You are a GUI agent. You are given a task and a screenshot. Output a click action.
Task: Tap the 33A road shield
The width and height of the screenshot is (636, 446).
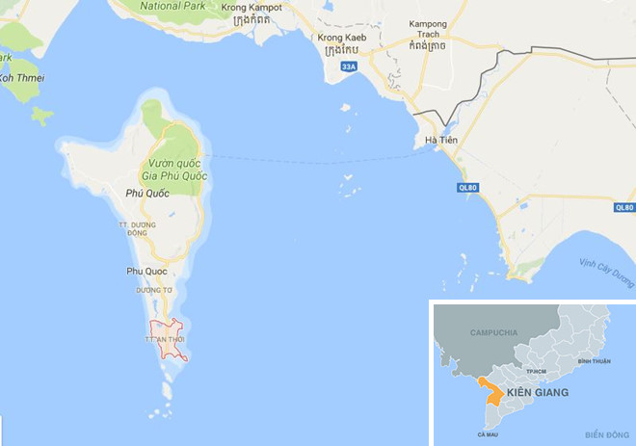click(x=349, y=66)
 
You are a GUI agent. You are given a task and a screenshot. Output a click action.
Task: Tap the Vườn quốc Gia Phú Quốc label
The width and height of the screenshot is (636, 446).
click(x=179, y=170)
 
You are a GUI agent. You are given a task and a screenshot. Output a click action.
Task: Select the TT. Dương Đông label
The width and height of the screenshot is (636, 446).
click(x=137, y=228)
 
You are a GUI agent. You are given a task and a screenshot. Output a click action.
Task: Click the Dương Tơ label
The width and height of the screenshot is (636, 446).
click(x=152, y=290)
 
